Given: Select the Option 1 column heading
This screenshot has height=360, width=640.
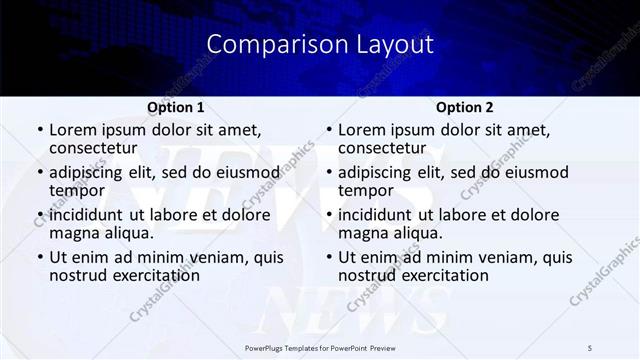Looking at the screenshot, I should pos(176,107).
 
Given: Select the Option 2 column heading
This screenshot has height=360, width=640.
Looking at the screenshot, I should pos(464,107).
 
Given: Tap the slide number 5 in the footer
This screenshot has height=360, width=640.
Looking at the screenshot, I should pos(589,347).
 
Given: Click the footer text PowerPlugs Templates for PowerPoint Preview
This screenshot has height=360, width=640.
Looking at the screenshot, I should pos(320,347).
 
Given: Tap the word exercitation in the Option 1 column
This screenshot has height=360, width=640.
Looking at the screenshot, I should pos(145,275).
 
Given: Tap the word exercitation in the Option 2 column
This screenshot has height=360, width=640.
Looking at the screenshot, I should pos(435,275).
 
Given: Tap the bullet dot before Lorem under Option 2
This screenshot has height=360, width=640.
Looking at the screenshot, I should pos(329,131).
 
